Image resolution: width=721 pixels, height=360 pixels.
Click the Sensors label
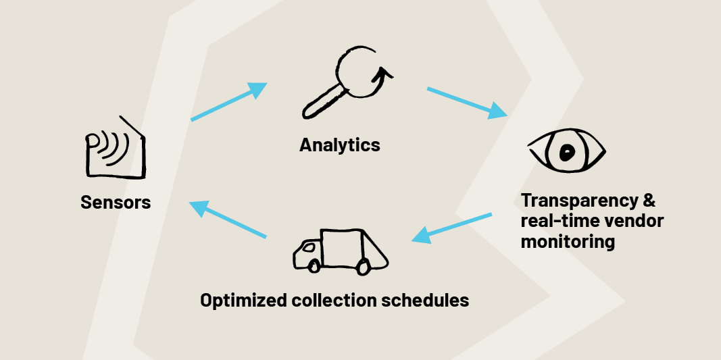116,202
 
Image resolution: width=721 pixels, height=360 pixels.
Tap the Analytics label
340,145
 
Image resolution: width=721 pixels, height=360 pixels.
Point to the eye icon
567,149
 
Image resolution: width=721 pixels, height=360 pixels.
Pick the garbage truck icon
340,251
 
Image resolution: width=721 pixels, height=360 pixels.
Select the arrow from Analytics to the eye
467,101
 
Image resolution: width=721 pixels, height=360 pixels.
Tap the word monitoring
568,242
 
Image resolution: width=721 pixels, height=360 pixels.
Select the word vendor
637,221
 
